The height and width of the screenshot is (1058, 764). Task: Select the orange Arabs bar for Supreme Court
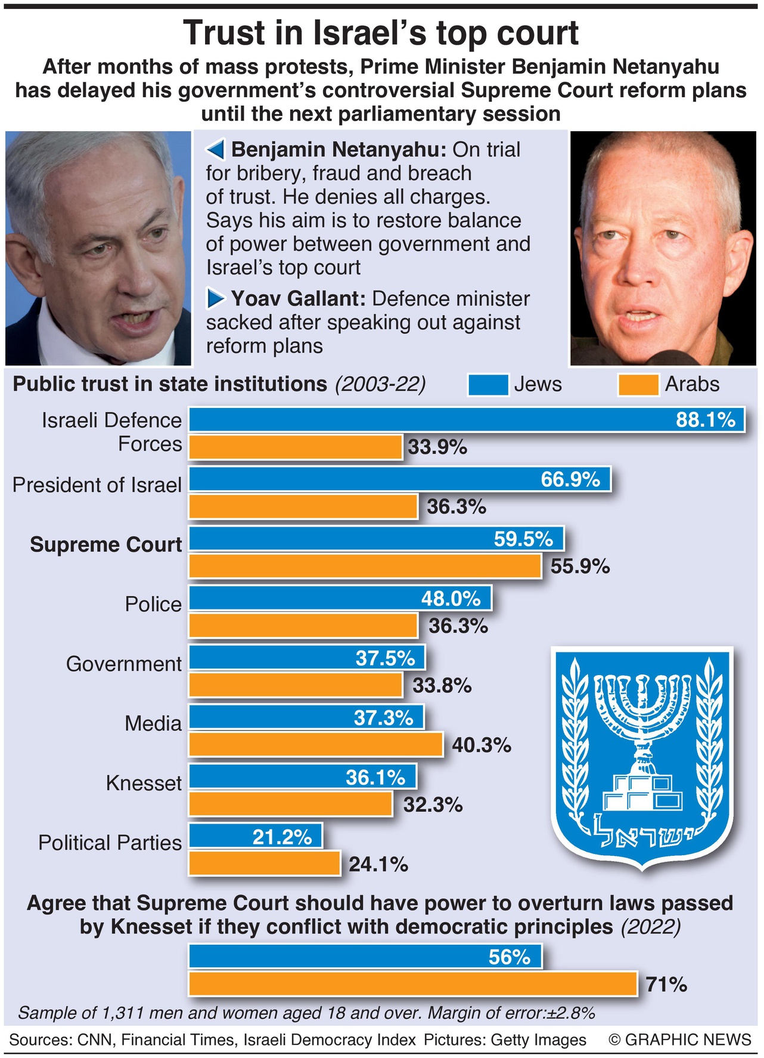tap(365, 566)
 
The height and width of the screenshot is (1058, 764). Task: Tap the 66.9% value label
tap(570, 479)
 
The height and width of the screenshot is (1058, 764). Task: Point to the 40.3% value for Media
tap(482, 745)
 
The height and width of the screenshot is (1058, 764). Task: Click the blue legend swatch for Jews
tap(488, 385)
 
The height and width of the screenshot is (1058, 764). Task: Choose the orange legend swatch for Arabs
tap(638, 385)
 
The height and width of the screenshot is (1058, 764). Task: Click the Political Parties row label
tap(110, 843)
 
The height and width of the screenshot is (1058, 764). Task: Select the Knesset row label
tap(144, 783)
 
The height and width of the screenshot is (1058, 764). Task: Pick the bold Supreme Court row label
tap(105, 545)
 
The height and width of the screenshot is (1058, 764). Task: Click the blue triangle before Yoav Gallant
tap(215, 298)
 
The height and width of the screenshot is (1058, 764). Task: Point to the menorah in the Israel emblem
tap(642, 716)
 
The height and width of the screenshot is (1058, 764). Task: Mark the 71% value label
tap(666, 984)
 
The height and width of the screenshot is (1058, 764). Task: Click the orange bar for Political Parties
tap(264, 864)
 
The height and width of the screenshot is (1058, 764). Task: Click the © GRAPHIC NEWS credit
tap(680, 1040)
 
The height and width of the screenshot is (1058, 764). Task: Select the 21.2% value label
tap(282, 837)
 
